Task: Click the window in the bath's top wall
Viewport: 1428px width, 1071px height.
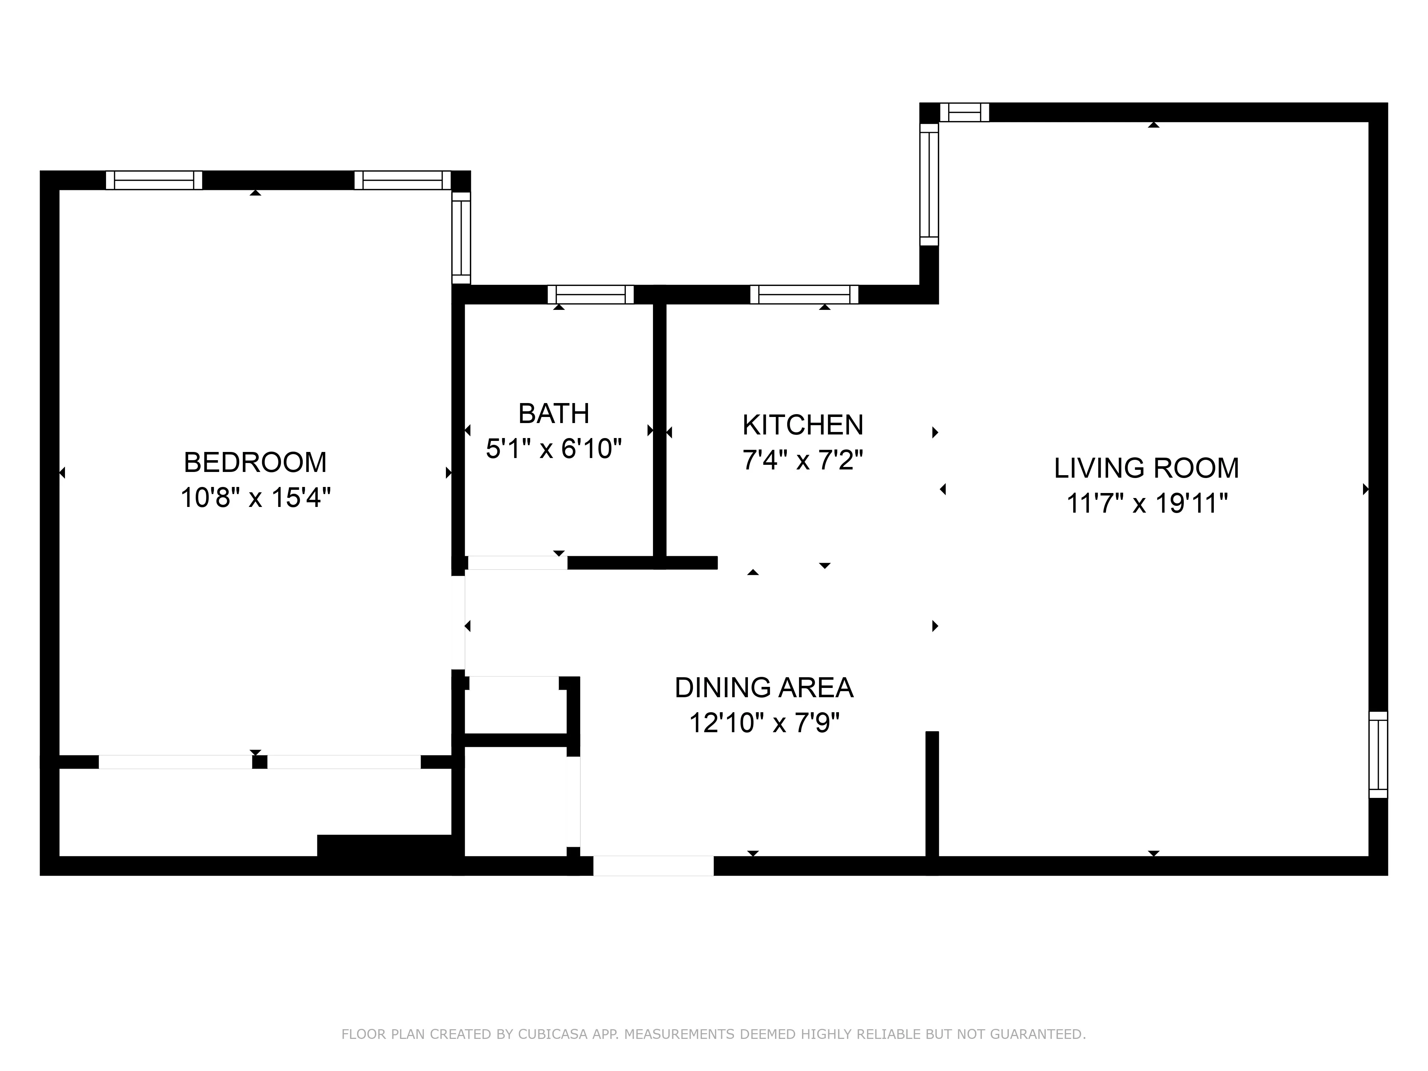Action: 591,295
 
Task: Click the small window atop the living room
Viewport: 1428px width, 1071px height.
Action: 964,112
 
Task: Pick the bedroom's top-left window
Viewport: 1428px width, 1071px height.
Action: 154,180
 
